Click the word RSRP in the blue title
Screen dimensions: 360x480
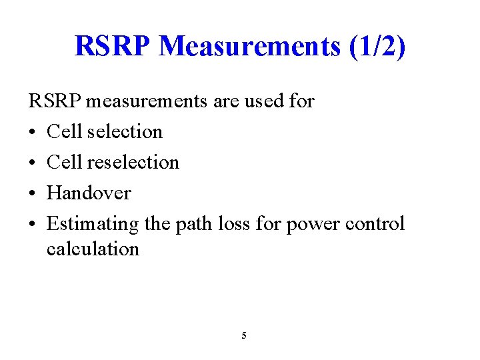tap(113, 47)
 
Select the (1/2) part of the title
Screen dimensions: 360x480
tap(377, 47)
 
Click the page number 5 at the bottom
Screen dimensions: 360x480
tap(243, 335)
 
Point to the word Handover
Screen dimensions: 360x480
tap(89, 193)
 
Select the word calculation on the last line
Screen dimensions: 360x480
tap(93, 249)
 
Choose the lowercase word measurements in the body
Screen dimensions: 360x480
tap(147, 101)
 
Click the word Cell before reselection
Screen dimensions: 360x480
tap(65, 162)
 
